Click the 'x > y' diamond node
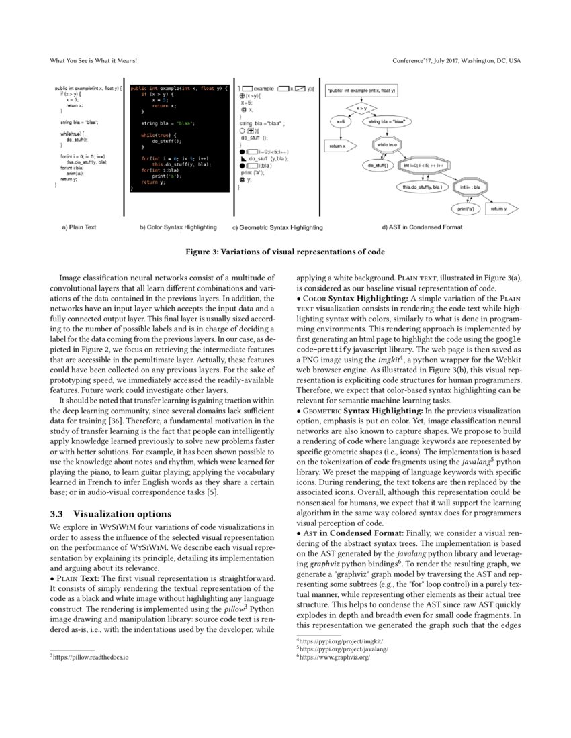pos(362,107)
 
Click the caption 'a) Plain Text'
pos(79,227)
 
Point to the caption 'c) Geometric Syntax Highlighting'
pos(277,227)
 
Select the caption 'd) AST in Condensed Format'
pos(422,227)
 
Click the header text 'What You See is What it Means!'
pos(93,61)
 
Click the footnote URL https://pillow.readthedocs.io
pos(91,657)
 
